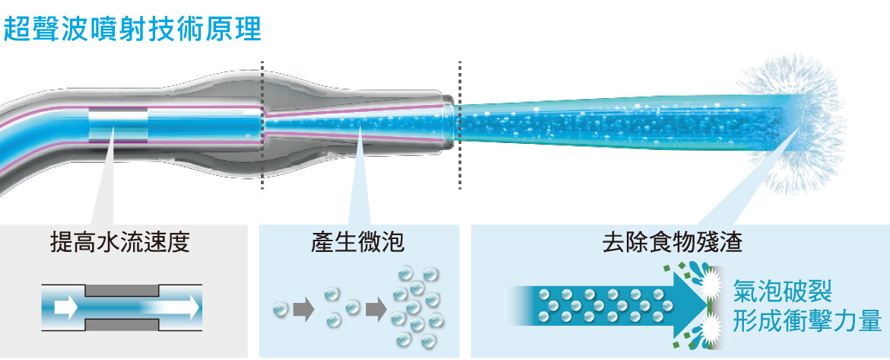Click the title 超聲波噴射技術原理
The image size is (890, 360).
coord(132,28)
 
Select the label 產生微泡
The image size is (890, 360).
coord(358,243)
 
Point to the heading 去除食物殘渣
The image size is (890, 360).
coord(672,243)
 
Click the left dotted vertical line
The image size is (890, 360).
coord(262,125)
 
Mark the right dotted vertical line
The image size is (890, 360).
coord(459,125)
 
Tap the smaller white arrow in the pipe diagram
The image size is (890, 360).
coord(66,307)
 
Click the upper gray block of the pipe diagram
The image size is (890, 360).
coord(122,291)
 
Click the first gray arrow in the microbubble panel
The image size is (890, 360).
coord(304,310)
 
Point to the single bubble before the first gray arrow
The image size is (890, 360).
coord(281,310)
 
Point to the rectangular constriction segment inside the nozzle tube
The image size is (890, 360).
coord(118,125)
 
